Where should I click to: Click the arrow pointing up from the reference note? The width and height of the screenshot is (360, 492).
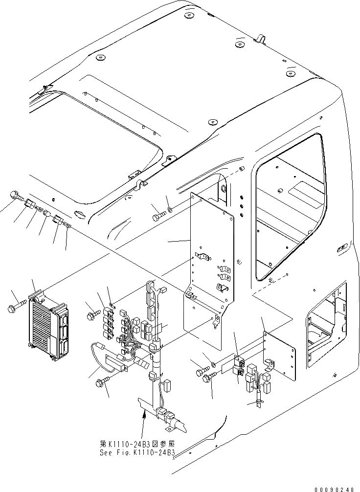144,421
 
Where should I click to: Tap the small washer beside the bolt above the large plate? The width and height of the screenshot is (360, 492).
169,211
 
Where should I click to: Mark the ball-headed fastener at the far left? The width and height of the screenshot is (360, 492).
15,196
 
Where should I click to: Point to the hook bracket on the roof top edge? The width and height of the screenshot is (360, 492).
260,39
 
